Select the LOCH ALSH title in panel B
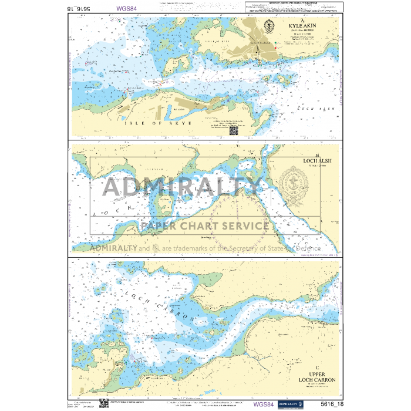(317, 160)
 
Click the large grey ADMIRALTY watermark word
(182, 187)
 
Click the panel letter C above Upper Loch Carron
(316, 368)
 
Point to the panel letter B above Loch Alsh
(317, 154)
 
